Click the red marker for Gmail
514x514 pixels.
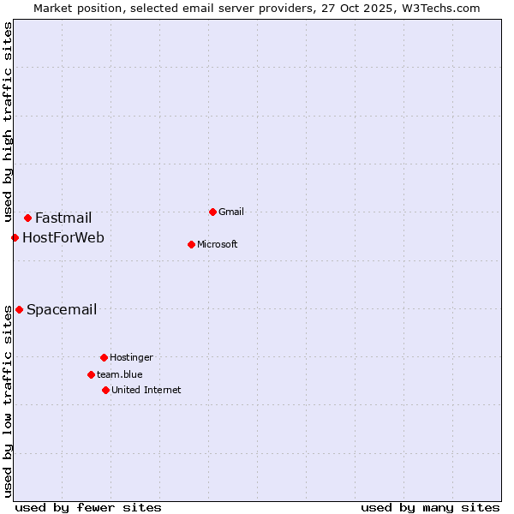212,212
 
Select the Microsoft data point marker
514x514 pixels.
191,244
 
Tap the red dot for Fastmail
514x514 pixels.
27,218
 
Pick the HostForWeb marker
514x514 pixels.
15,237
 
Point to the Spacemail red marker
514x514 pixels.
19,309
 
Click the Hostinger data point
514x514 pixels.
104,357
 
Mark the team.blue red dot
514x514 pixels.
91,374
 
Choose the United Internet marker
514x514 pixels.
105,390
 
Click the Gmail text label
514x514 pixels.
231,212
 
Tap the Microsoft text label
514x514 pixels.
218,244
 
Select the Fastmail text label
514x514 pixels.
63,218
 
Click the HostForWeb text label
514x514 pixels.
63,237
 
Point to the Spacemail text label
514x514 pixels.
62,309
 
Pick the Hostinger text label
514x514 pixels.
131,357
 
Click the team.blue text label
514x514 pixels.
120,374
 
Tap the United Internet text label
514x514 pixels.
146,390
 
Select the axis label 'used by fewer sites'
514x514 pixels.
88,507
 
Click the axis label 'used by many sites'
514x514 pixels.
430,507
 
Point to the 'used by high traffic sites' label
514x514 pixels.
8,123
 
